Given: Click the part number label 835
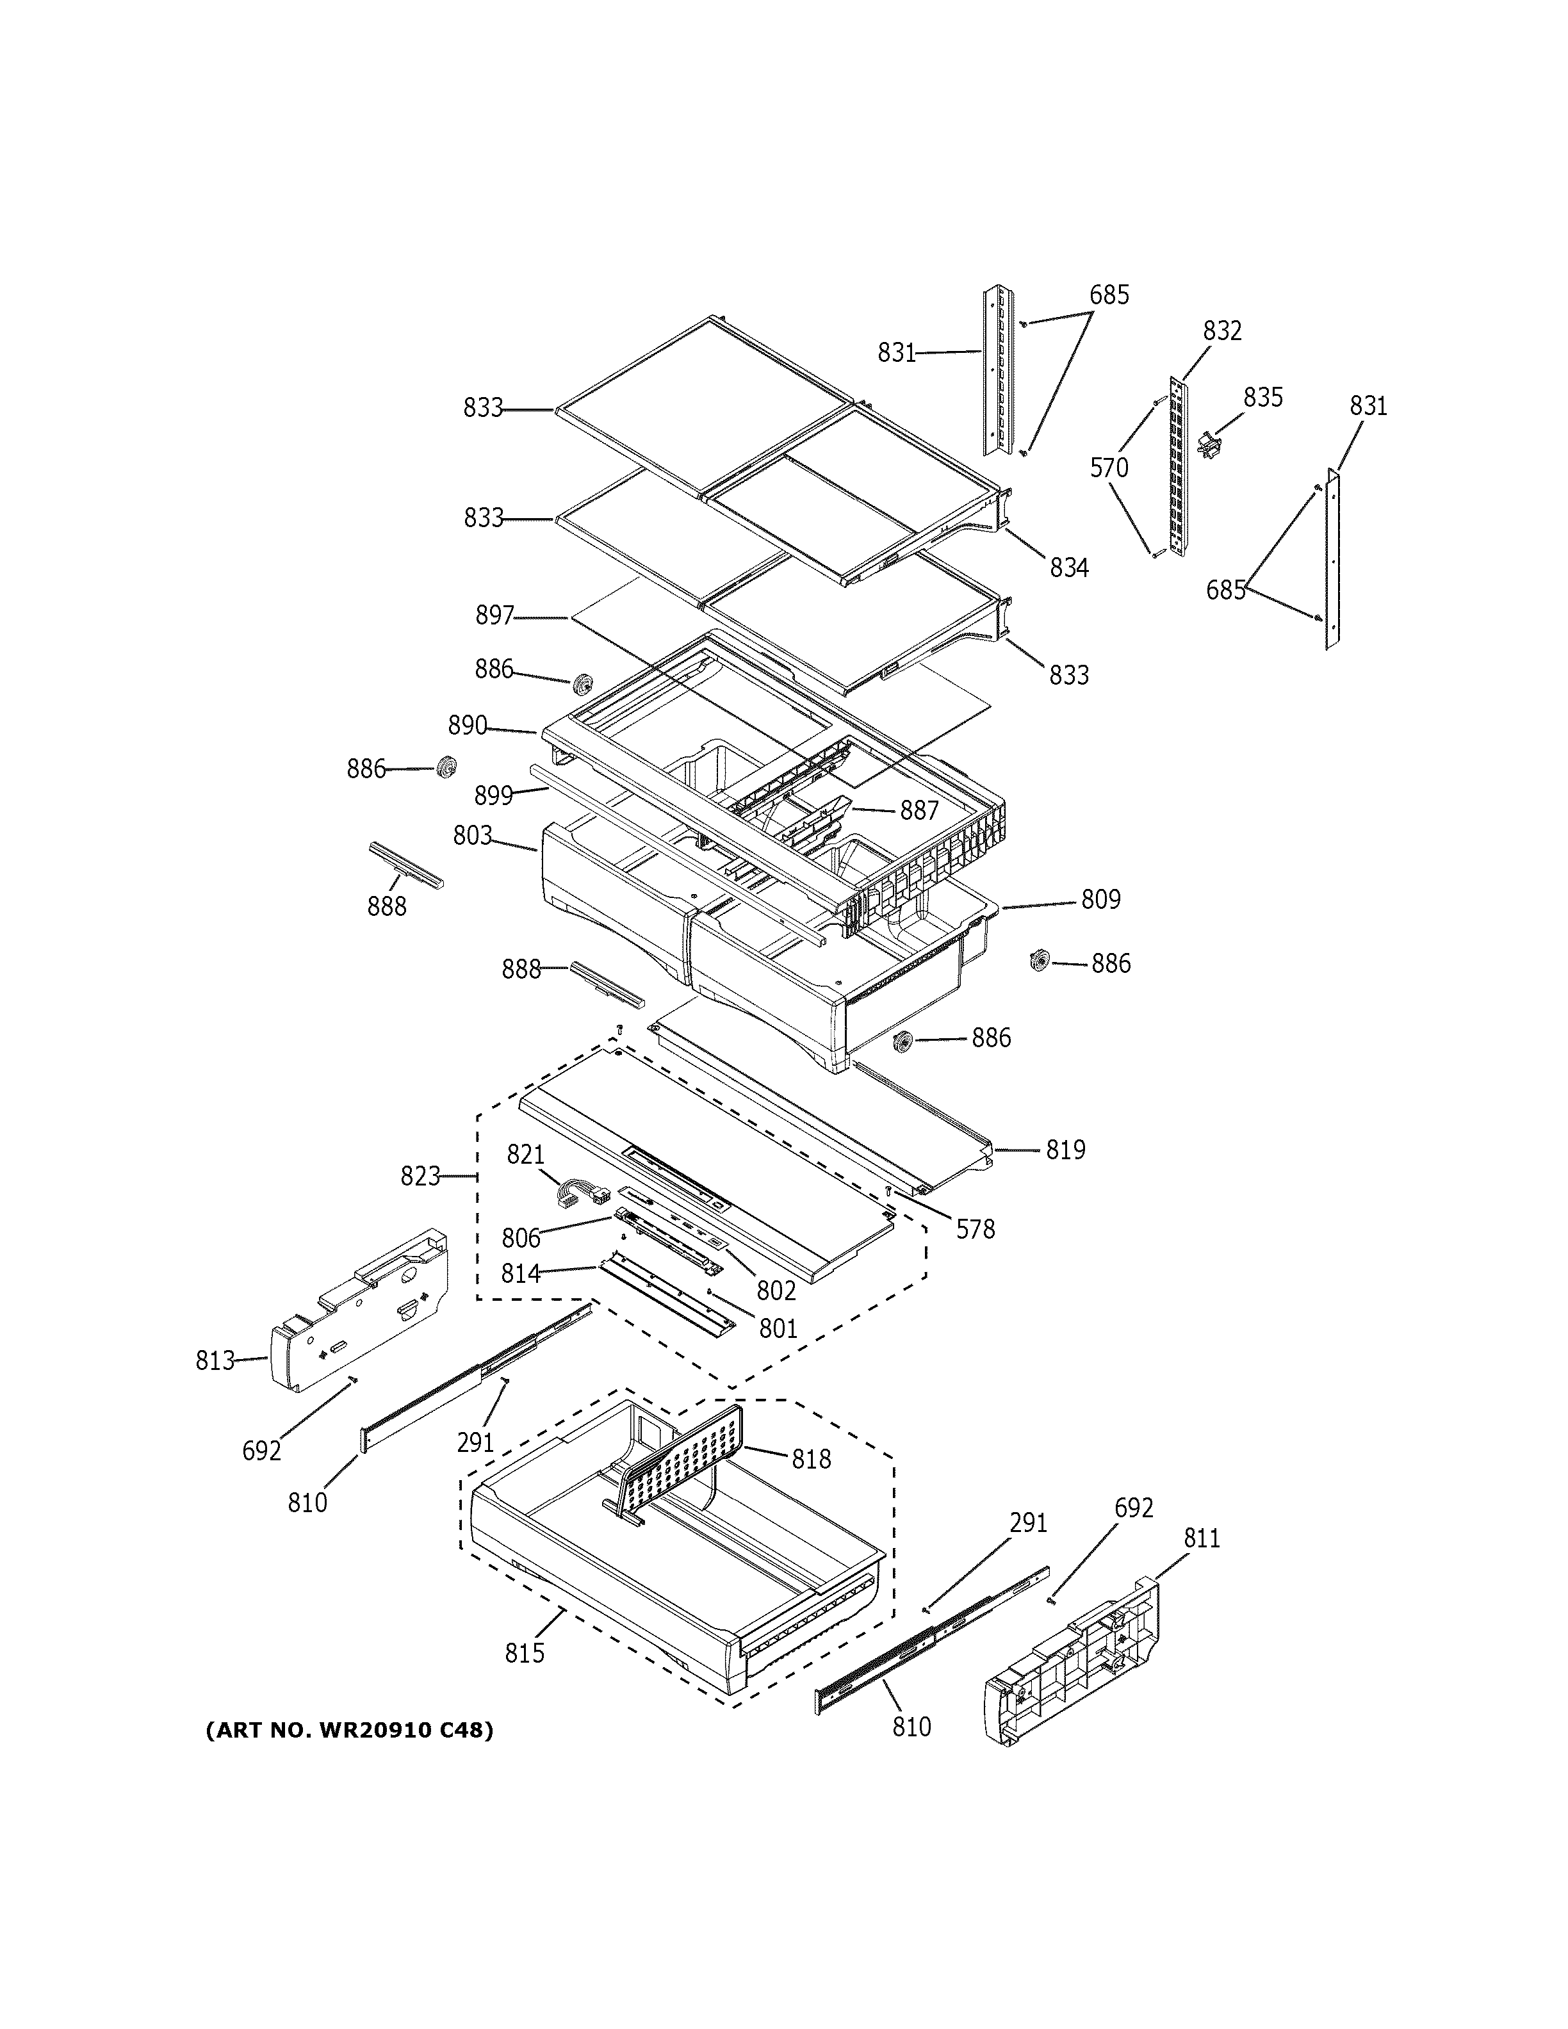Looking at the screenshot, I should click(x=1263, y=398).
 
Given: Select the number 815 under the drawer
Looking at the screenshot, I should click(x=525, y=1653).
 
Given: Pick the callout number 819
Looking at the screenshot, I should click(x=1065, y=1150).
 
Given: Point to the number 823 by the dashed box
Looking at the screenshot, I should click(x=420, y=1176).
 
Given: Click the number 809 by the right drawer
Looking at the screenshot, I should click(x=1101, y=899).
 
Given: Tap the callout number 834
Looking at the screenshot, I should click(x=1069, y=567).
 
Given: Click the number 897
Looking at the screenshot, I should click(x=494, y=615).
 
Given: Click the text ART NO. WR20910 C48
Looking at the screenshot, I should click(x=349, y=1730).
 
